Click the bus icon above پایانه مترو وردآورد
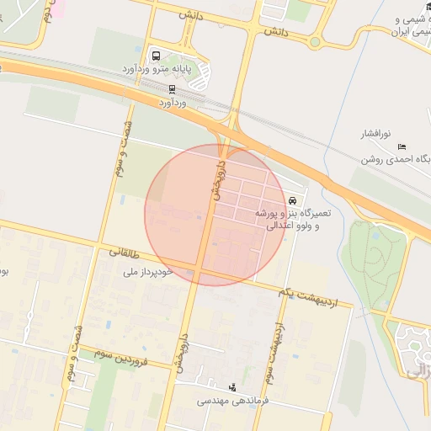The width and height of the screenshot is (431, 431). coord(156,56)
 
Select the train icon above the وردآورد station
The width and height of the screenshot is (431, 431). coord(172,88)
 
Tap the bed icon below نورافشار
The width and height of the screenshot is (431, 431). coord(402,146)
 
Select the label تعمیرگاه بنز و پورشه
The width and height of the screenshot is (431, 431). coord(294,214)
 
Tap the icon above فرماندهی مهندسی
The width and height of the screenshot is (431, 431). coord(232,388)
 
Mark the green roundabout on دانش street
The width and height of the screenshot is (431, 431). coord(315,41)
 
